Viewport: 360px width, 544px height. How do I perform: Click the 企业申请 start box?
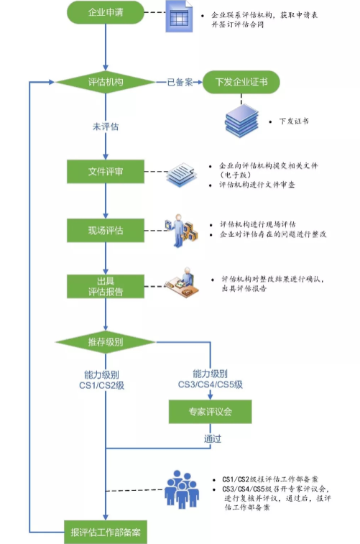[x=106, y=12]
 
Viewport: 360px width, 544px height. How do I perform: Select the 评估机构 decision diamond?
[x=106, y=82]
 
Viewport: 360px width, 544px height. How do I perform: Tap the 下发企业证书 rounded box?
[x=241, y=82]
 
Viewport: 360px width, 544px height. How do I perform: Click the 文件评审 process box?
[x=106, y=171]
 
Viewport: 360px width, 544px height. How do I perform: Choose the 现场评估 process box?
[x=106, y=231]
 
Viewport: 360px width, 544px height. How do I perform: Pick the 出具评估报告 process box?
[x=106, y=287]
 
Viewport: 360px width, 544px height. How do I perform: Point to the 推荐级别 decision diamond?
[x=106, y=342]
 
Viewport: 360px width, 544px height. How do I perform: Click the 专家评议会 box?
[x=210, y=412]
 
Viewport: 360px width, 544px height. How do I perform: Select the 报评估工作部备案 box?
[x=106, y=533]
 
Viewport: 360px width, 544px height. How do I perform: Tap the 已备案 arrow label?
[x=180, y=82]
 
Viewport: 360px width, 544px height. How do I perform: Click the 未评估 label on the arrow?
[x=106, y=126]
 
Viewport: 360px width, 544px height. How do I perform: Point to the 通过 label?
[x=213, y=439]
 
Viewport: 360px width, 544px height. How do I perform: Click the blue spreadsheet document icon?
[x=179, y=17]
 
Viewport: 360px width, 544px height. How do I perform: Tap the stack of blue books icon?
[x=241, y=121]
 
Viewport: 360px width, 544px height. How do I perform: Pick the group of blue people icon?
[x=182, y=489]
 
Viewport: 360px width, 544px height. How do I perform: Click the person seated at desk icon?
[x=183, y=282]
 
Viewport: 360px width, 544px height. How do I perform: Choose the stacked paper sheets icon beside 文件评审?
[x=182, y=175]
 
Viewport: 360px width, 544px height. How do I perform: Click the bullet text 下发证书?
[x=294, y=121]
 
